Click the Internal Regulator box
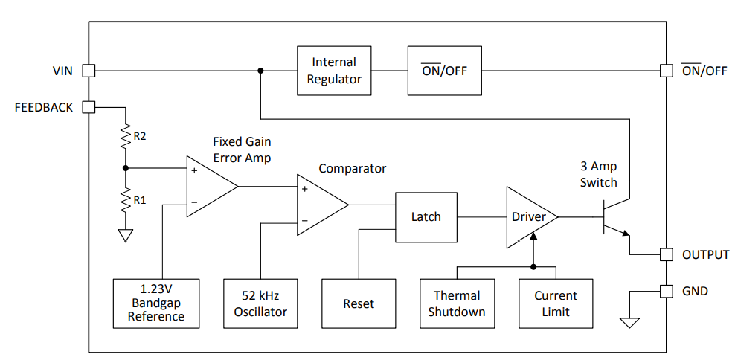334,71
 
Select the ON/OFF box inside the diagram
444,71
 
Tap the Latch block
426,216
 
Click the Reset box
359,303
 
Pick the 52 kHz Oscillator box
260,303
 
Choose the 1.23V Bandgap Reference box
156,303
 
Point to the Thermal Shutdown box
458,303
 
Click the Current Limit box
556,303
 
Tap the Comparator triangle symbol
318,205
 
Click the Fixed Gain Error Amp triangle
208,186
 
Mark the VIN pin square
89,71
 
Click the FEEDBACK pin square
89,107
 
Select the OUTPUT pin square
667,254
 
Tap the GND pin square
667,291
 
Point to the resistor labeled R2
126,136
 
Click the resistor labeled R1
126,199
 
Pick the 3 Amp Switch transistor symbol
614,217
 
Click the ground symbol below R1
126,236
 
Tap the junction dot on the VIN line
260,71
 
